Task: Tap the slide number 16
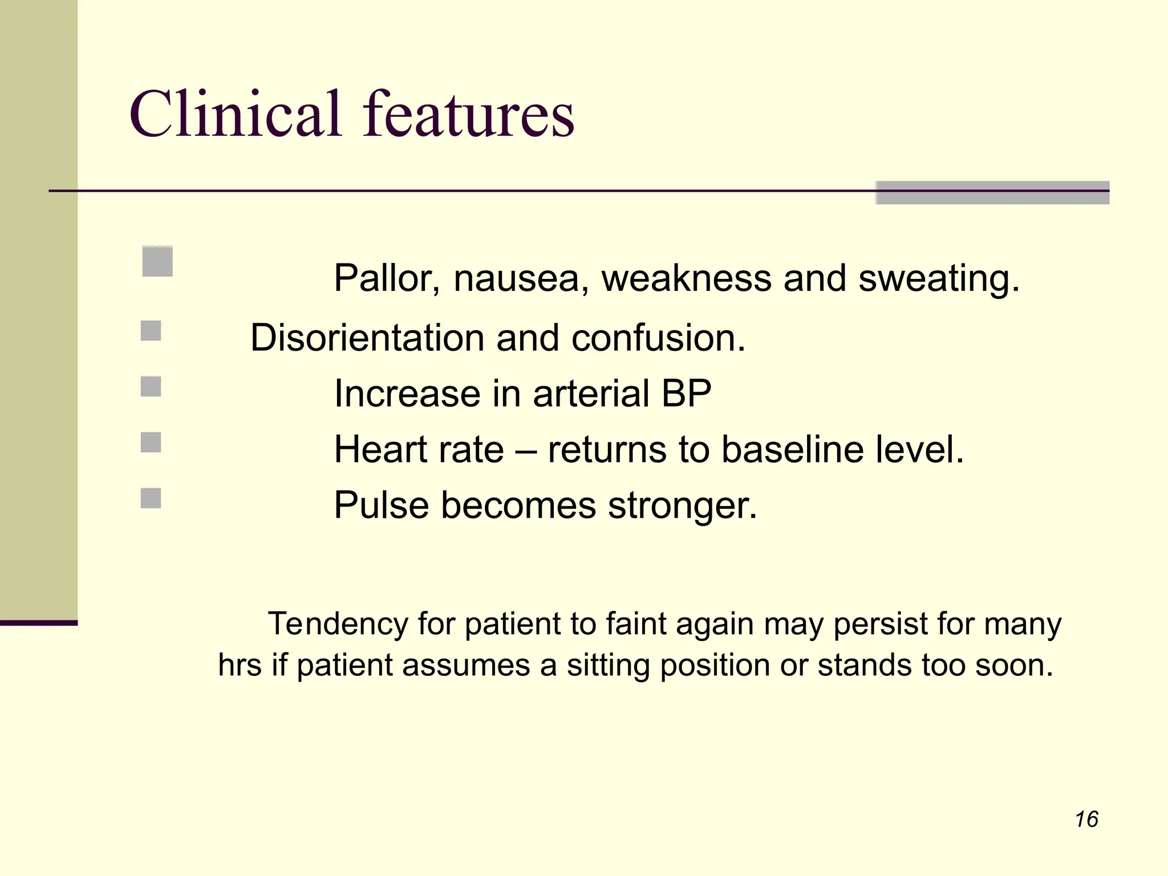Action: click(x=1086, y=820)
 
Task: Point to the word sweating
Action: click(x=938, y=279)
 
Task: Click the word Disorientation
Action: click(x=367, y=338)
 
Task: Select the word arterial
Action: click(x=590, y=394)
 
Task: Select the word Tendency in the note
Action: click(x=338, y=623)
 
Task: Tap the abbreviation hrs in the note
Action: click(x=240, y=666)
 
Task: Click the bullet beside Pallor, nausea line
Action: click(x=157, y=262)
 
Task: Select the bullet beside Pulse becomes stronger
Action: click(x=151, y=498)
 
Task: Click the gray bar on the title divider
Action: click(x=992, y=193)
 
